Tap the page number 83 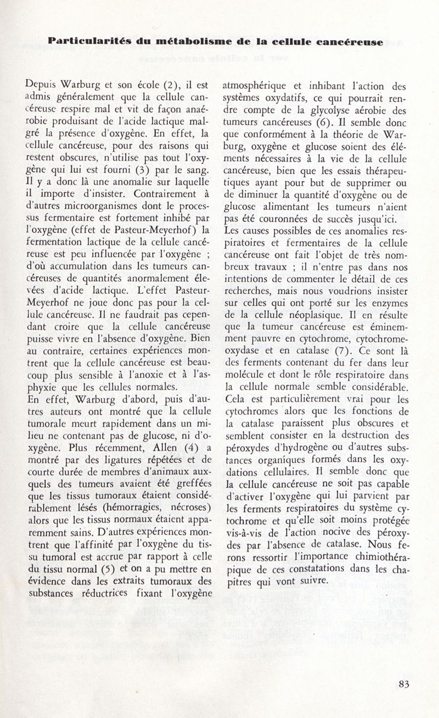[404, 684]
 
